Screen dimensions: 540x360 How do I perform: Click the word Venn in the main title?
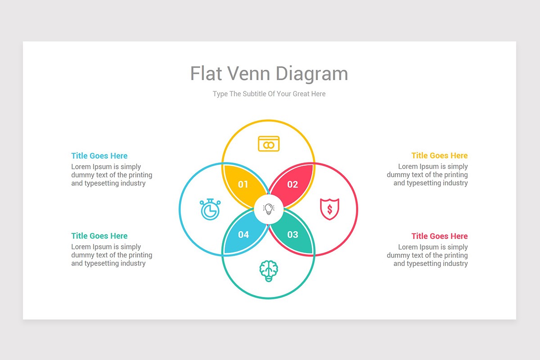249,73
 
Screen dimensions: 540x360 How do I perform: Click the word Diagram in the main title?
312,74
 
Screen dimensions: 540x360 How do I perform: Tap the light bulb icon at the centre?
269,209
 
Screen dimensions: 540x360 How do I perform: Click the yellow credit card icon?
269,144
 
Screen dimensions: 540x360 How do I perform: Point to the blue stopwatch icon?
210,209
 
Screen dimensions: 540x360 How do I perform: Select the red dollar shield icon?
329,209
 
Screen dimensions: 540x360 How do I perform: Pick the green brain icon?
269,271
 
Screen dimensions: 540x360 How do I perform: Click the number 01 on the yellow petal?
243,184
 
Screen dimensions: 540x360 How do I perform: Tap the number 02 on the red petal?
292,184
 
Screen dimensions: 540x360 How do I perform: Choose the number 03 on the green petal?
293,234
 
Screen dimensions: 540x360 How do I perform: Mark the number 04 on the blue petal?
243,234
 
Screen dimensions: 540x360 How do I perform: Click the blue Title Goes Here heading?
99,156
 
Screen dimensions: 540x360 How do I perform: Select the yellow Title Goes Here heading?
440,156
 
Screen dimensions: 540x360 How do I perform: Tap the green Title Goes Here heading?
99,236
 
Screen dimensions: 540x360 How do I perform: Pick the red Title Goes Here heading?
440,236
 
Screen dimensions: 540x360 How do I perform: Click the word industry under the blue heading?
133,183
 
